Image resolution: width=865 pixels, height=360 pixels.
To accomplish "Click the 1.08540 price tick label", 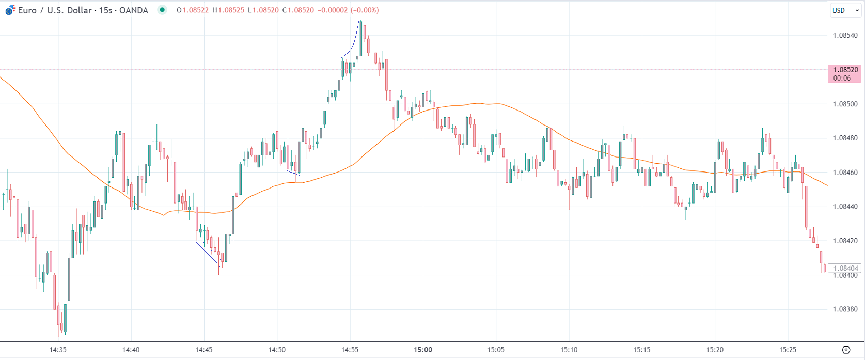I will click(845, 36).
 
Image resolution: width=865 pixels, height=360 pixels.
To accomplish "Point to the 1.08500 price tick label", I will click(845, 104).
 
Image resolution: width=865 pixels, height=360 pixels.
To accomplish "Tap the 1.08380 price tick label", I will click(845, 309).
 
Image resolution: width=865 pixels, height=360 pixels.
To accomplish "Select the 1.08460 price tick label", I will click(845, 173).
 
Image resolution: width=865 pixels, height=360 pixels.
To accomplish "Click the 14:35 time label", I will click(58, 350).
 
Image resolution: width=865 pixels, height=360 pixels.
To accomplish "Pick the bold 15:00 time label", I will click(423, 350).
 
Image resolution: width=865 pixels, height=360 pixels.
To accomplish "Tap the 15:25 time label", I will click(788, 350).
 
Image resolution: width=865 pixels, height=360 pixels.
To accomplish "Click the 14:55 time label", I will click(350, 350).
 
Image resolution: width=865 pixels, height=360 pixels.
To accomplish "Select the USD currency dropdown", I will click(845, 10).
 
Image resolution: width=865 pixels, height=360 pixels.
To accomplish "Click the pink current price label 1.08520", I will click(845, 70).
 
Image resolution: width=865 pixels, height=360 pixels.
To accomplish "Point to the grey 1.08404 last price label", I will click(845, 268).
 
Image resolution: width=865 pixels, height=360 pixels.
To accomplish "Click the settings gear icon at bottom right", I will click(846, 350).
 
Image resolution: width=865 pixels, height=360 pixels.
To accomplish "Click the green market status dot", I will click(162, 10).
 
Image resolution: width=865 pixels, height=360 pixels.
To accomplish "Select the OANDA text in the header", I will click(133, 10).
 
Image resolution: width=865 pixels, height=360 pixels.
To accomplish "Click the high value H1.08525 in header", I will click(228, 10).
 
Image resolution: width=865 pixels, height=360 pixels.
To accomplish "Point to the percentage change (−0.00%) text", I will click(365, 10).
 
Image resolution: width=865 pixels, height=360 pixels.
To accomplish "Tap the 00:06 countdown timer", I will click(842, 79).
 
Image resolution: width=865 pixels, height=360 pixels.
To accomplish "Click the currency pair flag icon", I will click(10, 10).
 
